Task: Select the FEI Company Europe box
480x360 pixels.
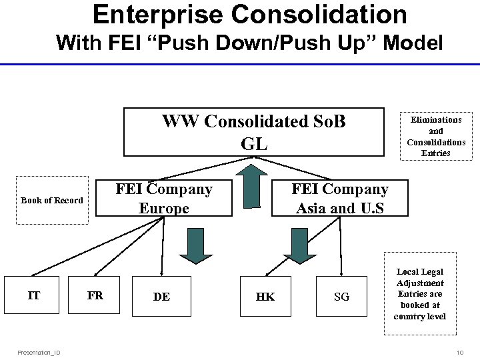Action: [x=164, y=199]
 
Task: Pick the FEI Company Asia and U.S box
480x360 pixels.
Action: [x=340, y=199]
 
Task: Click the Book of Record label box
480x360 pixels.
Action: [x=52, y=201]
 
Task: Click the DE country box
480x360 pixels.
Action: [x=161, y=297]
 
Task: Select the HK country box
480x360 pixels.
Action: [x=265, y=297]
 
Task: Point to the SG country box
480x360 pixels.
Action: [x=341, y=297]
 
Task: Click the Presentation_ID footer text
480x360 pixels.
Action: [x=39, y=352]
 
